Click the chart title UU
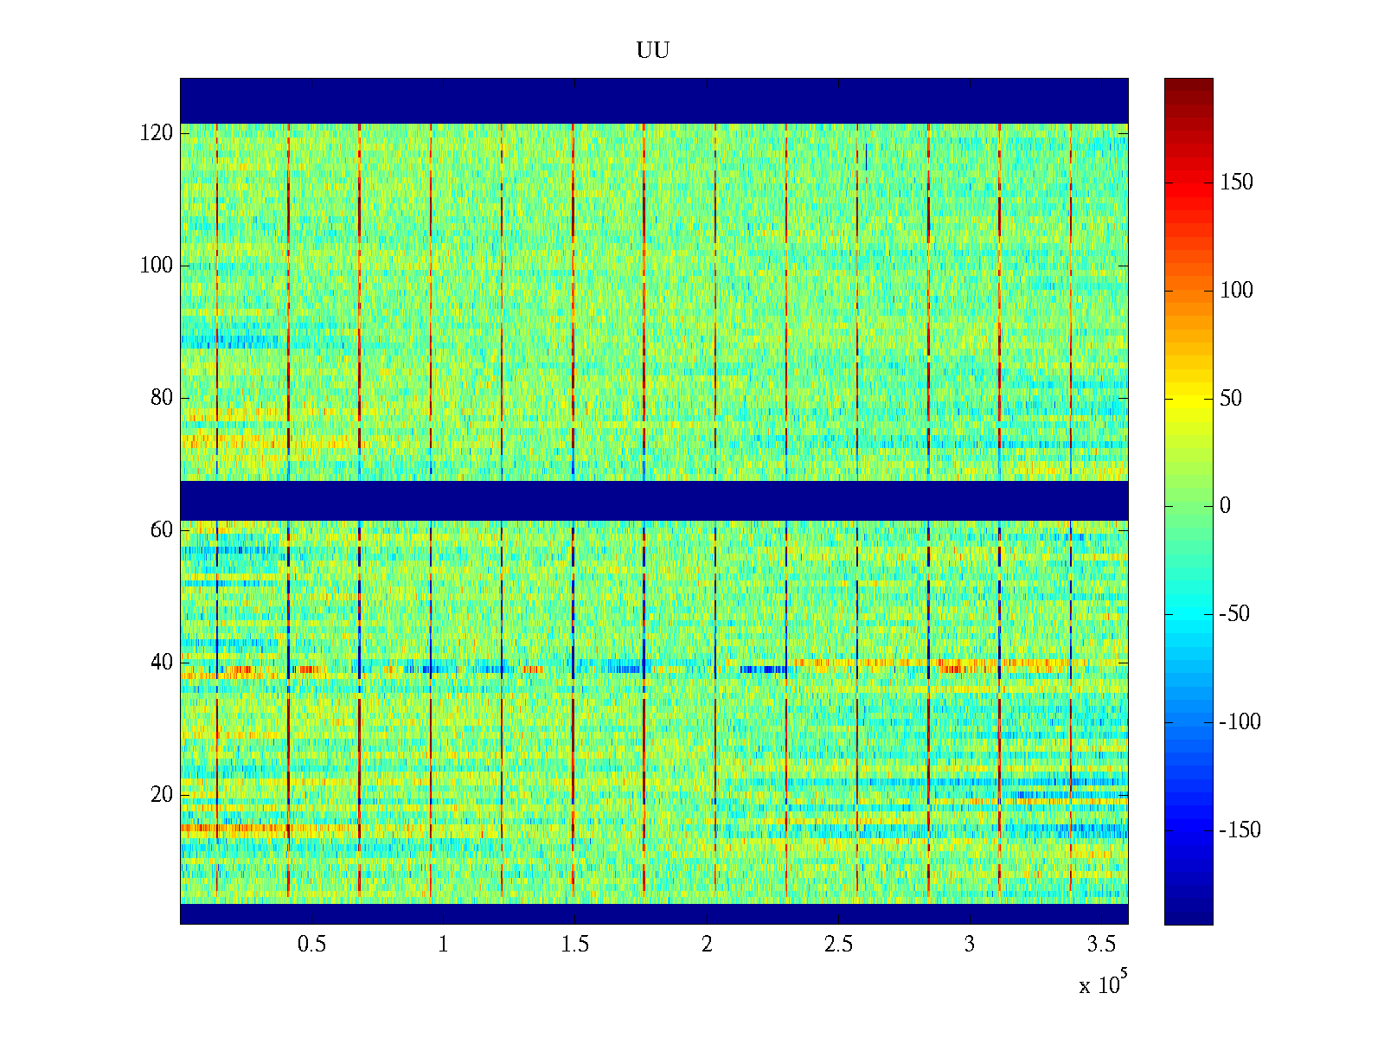coord(653,51)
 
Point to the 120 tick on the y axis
coord(157,133)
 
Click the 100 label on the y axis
coord(157,266)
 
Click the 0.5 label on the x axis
coord(311,945)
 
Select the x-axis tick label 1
coord(443,945)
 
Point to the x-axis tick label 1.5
coord(574,945)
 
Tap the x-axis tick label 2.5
coord(838,945)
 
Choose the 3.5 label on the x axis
coord(1101,945)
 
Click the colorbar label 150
coord(1236,183)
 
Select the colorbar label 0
coord(1225,506)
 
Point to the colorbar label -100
coord(1240,722)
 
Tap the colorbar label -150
coord(1240,830)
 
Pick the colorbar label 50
coord(1231,399)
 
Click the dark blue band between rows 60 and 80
coord(654,500)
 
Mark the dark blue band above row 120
coord(654,100)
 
